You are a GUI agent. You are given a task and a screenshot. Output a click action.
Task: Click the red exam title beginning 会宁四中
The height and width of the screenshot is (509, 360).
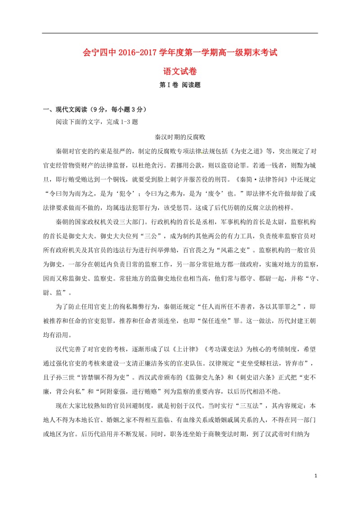180,53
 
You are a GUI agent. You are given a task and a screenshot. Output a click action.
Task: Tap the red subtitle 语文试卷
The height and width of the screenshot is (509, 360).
180,71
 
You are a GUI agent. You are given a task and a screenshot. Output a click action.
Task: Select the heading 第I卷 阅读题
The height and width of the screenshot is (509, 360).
180,85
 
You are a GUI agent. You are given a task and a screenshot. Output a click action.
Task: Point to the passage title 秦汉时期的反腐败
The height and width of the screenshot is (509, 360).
180,137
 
